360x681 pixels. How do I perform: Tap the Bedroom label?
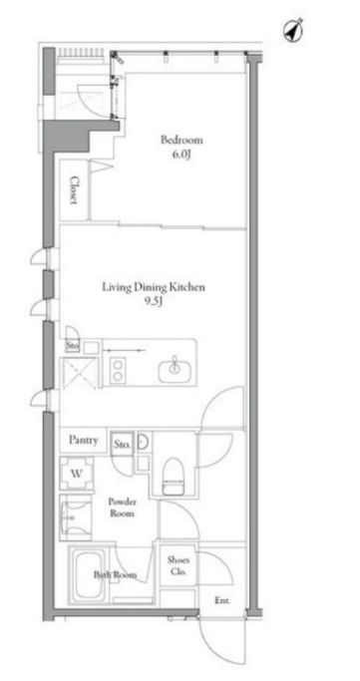(181, 140)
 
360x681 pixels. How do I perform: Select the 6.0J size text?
(181, 156)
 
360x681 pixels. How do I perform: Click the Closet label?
(74, 189)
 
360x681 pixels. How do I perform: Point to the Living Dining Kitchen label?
(154, 287)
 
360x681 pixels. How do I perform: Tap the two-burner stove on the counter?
(118, 370)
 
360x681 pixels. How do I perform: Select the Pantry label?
(83, 440)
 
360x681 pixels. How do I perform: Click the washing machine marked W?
(77, 473)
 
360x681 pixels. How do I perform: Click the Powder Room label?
(122, 508)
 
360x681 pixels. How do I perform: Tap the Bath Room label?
(115, 575)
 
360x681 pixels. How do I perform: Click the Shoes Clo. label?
(179, 566)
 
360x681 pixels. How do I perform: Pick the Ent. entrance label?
(222, 600)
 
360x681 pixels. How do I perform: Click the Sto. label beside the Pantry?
(122, 445)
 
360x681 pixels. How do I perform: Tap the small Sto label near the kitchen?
(73, 347)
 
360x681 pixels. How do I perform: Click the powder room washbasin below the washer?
(76, 517)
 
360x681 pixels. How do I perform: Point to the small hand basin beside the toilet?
(144, 442)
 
